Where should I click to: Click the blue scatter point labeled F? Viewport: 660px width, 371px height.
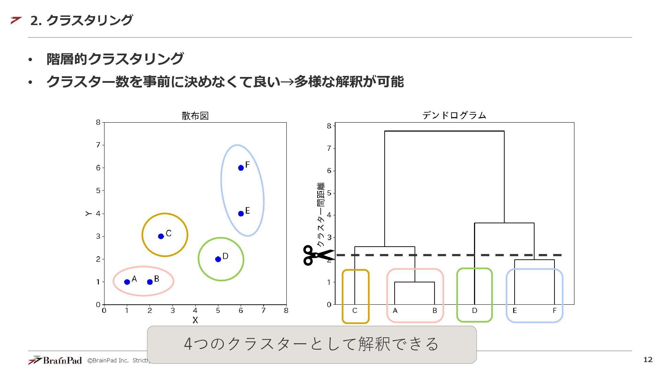(241, 168)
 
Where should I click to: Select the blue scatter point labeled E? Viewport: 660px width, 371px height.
(241, 213)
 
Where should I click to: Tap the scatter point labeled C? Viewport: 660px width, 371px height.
(161, 236)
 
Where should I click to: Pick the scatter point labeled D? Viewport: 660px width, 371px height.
(218, 259)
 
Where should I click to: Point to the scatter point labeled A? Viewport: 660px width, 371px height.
(127, 282)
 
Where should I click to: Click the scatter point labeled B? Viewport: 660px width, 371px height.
(150, 282)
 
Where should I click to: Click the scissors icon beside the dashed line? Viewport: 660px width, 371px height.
(317, 255)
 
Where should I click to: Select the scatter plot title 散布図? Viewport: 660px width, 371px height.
(195, 116)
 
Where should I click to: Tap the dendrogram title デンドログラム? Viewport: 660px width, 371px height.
(454, 115)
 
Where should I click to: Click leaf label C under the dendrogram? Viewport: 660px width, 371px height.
(355, 311)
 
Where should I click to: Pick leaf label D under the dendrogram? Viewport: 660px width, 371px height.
(474, 311)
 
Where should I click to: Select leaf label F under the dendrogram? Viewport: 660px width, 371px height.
(554, 311)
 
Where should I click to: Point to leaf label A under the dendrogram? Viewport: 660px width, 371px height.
(395, 311)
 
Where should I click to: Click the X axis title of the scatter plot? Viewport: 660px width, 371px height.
(195, 320)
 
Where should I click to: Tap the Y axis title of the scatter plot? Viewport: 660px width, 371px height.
(88, 214)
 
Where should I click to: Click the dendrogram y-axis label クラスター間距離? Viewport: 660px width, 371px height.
(321, 214)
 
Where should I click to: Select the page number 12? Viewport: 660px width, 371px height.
(648, 360)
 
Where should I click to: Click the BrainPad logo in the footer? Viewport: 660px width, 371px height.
(55, 360)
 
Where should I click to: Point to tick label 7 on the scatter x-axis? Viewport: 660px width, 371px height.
(263, 311)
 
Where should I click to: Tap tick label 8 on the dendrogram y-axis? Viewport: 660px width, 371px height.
(329, 126)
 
